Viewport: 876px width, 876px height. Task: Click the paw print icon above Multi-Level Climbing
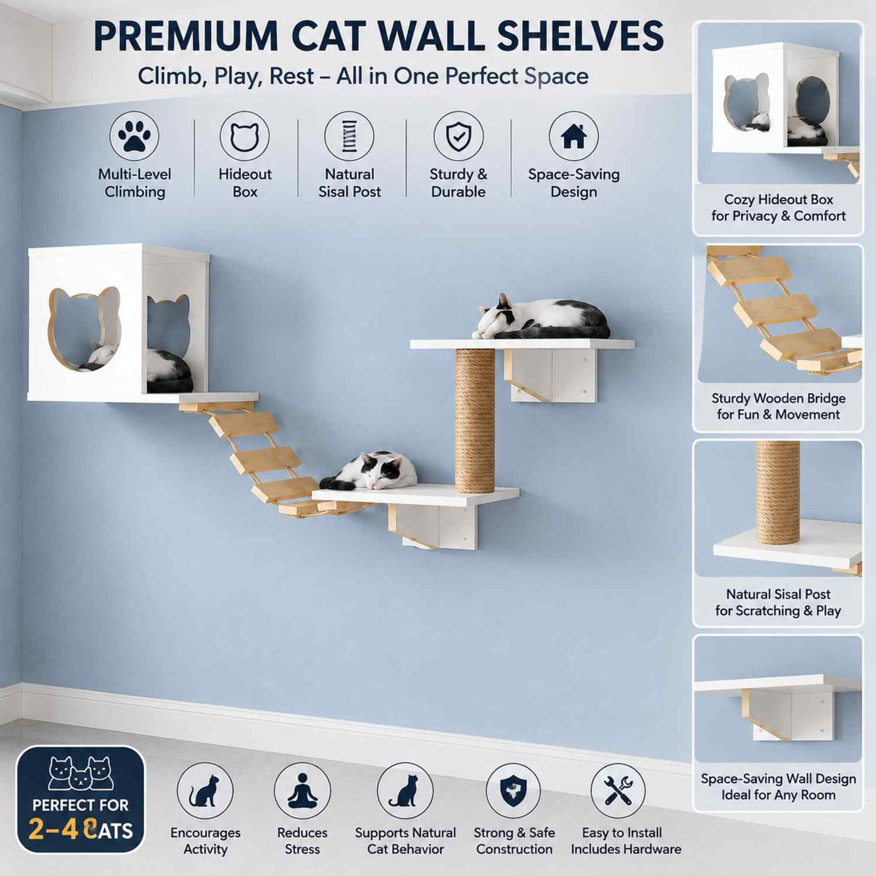coord(134,136)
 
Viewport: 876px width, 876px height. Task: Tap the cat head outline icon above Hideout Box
coord(245,137)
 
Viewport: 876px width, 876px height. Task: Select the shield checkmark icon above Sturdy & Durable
coord(458,136)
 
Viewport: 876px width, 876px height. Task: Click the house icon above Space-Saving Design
coord(574,136)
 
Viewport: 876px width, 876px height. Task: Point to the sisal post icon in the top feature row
coord(349,136)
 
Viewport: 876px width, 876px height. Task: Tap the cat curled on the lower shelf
coord(369,471)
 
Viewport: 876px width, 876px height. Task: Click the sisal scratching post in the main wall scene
coord(475,420)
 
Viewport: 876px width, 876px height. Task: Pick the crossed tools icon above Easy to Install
coord(618,791)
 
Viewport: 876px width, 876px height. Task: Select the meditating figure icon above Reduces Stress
coord(302,791)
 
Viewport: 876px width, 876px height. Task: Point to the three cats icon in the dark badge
coord(81,773)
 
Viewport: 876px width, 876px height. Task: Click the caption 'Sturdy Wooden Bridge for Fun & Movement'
coord(778,406)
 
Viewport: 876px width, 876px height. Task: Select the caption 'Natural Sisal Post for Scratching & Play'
coord(778,602)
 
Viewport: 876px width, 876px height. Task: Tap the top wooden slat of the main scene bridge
coord(244,423)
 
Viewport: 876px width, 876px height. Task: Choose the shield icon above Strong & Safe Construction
coord(513,791)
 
